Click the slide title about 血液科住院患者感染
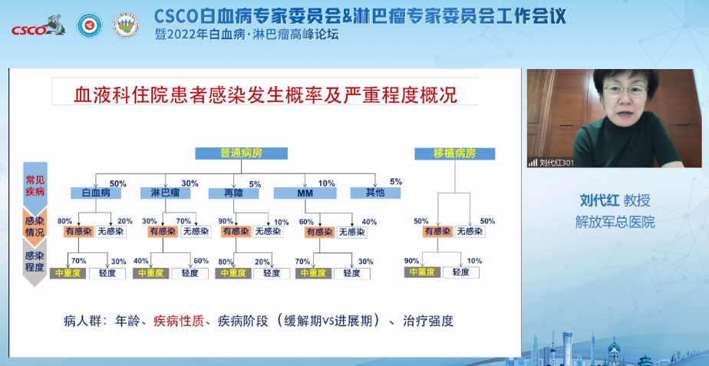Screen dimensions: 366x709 pos(265,95)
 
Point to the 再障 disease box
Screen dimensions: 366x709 pos(232,193)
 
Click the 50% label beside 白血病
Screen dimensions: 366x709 pos(117,183)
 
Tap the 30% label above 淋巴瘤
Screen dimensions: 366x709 pos(190,183)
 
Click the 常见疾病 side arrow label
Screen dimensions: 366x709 pos(35,184)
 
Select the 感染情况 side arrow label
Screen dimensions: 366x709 pos(35,224)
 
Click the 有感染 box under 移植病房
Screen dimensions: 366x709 pos(437,231)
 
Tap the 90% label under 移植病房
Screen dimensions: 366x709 pos(412,261)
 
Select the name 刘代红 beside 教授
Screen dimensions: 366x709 pos(599,201)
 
